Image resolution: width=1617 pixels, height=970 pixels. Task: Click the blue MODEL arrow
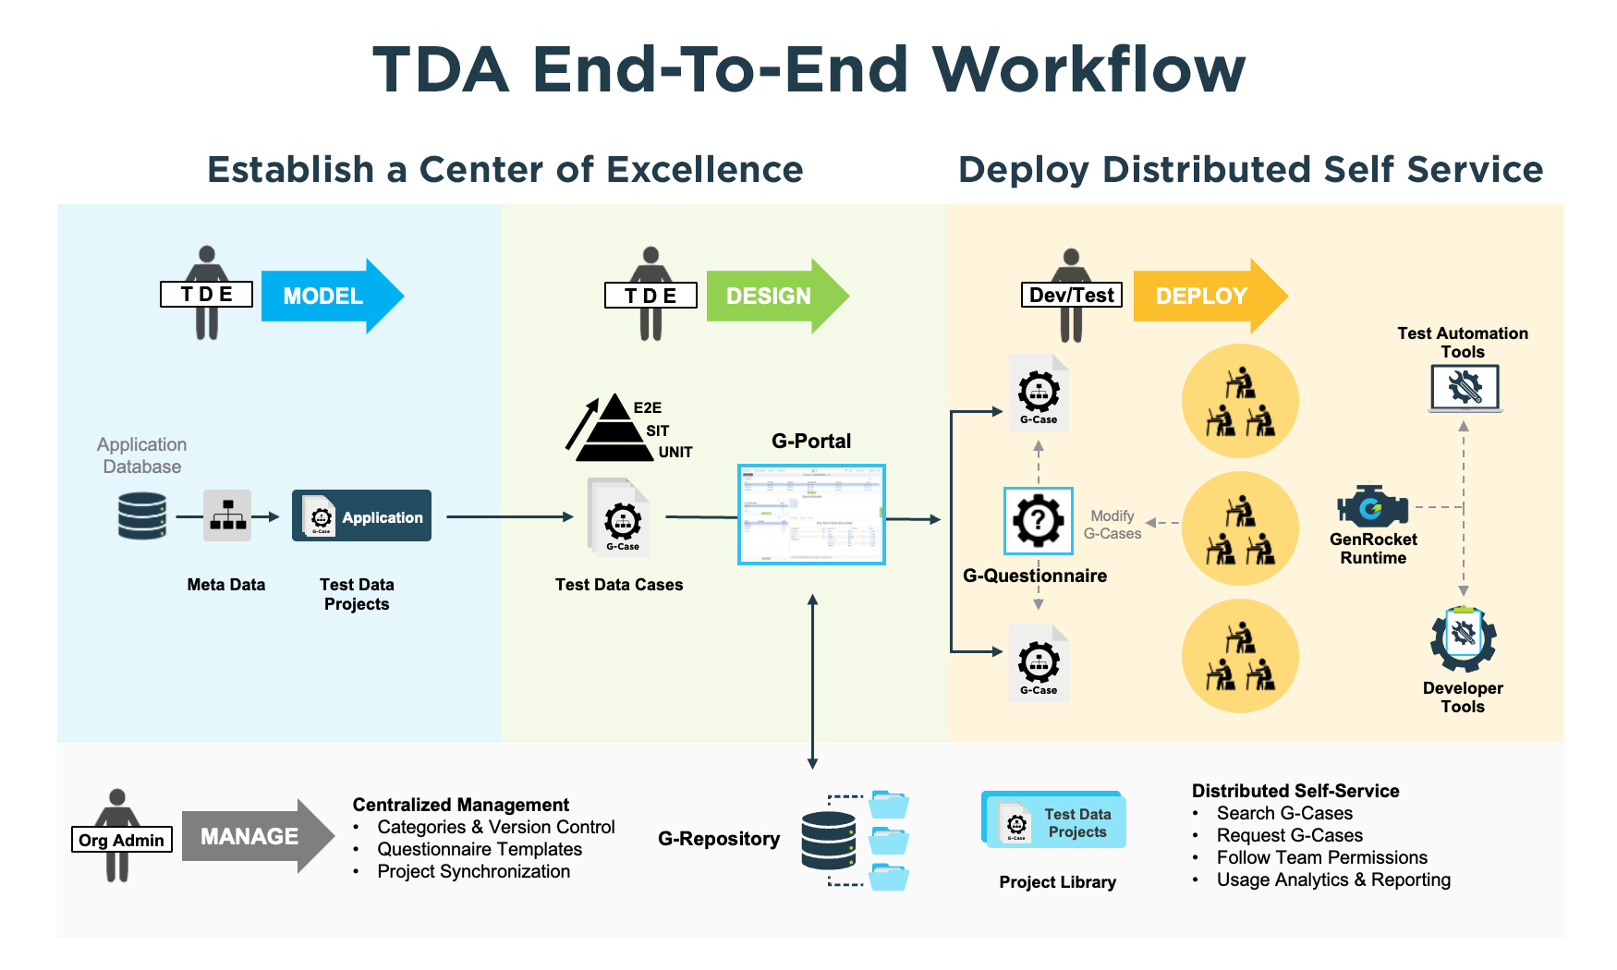coord(328,297)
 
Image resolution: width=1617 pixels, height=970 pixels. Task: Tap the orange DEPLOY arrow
coord(1206,297)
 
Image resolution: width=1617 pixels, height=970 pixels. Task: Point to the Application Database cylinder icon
coord(142,515)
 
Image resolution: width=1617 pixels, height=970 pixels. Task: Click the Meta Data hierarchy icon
coord(227,515)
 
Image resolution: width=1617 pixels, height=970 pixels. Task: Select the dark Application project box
coord(361,515)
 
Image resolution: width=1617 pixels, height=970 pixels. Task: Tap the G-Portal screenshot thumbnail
coord(811,515)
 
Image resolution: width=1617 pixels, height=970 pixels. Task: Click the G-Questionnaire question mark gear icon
coord(1038,521)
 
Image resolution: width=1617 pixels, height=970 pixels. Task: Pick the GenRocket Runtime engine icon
coord(1372,507)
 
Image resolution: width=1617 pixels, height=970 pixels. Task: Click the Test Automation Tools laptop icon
coord(1465,388)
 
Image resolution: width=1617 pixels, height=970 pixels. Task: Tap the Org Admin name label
coord(121,840)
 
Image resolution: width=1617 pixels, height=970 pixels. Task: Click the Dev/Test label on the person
coord(1071,295)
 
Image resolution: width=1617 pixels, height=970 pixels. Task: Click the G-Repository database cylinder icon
coord(828,840)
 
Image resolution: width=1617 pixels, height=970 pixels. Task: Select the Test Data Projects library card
coord(1054,820)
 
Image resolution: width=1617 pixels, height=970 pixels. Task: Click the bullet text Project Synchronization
coord(473,871)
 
